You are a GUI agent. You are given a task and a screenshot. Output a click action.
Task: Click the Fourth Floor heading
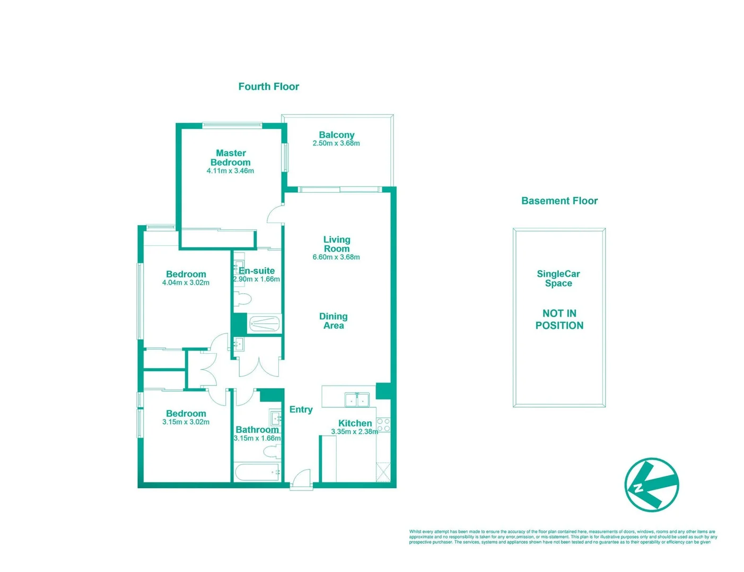coord(268,86)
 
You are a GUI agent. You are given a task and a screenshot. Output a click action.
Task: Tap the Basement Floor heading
coord(559,201)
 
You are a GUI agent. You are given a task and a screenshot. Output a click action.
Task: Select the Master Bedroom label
coord(230,158)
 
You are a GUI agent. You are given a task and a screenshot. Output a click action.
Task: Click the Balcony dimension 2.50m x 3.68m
coord(336,144)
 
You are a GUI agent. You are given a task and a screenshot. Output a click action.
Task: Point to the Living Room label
coord(337,244)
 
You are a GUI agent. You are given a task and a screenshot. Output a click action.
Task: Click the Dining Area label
coord(334,321)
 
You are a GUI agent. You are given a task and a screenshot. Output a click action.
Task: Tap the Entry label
coord(301,409)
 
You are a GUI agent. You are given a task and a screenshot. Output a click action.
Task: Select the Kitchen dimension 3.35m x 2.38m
coord(354,432)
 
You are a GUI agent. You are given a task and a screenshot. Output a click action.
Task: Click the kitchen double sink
coord(357,399)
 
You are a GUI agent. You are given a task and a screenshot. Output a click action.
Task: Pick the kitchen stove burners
coord(383,425)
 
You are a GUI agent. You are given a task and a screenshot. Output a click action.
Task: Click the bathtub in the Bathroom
coord(257,472)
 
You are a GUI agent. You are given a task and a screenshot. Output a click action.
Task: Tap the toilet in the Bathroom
coord(271,451)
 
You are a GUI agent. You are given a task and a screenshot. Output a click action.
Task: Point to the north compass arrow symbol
coord(652,485)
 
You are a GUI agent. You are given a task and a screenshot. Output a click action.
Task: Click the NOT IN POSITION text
coord(559,319)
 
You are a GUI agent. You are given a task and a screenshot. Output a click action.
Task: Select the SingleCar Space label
coord(558,279)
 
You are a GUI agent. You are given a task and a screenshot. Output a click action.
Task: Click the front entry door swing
coord(301,478)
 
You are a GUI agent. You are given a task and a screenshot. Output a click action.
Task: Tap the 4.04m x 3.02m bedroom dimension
coord(186,283)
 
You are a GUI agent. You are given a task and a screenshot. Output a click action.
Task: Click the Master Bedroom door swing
coord(276,215)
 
